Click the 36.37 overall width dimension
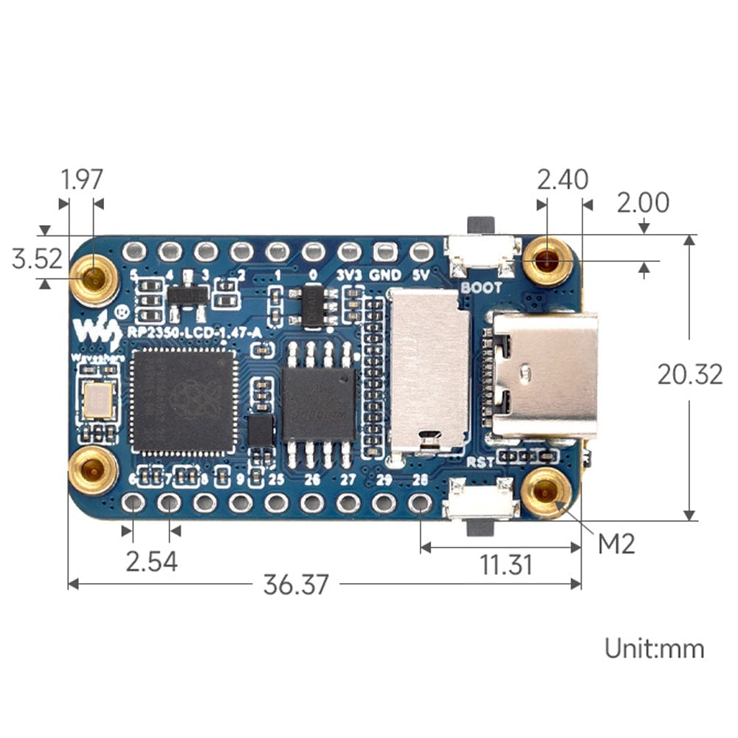coord(295,584)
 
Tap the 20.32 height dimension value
coord(690,375)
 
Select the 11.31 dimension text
coord(506,565)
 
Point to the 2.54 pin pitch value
coord(151,562)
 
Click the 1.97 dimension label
coord(82,179)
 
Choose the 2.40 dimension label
coord(562,179)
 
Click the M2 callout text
coord(616,544)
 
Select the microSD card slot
coord(429,369)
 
